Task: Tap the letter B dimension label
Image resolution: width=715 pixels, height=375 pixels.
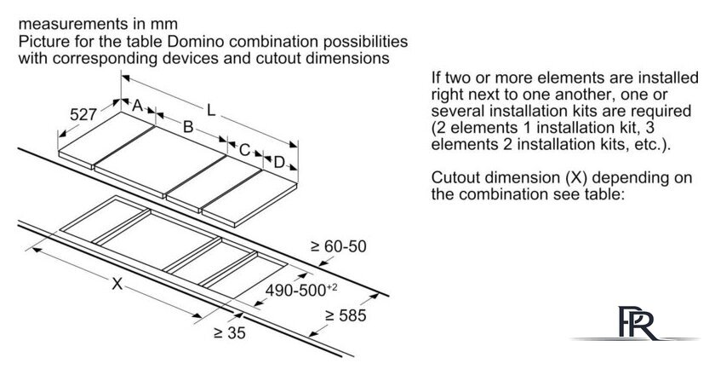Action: pyautogui.click(x=190, y=127)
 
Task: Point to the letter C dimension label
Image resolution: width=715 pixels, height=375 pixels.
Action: pyautogui.click(x=243, y=149)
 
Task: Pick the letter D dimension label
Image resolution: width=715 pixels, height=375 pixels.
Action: pyautogui.click(x=278, y=162)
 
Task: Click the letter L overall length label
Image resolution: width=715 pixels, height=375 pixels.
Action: pyautogui.click(x=211, y=110)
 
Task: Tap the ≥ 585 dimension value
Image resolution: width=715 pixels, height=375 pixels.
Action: pyautogui.click(x=345, y=316)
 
